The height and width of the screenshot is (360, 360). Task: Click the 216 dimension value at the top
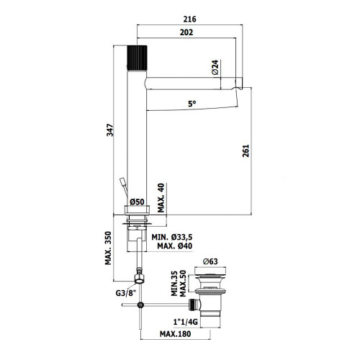tap(189, 19)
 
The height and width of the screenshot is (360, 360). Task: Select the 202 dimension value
tap(186, 32)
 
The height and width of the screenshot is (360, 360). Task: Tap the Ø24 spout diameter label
tap(215, 67)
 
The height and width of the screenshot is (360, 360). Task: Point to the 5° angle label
tap(192, 104)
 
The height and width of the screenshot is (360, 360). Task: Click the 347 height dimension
tap(110, 130)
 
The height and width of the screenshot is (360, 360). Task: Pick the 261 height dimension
tap(246, 150)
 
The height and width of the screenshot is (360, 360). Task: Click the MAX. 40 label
tap(161, 198)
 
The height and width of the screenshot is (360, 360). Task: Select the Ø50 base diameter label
tap(137, 202)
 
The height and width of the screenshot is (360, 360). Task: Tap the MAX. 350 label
tap(108, 248)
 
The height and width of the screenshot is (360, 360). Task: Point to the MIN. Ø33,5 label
tap(172, 238)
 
